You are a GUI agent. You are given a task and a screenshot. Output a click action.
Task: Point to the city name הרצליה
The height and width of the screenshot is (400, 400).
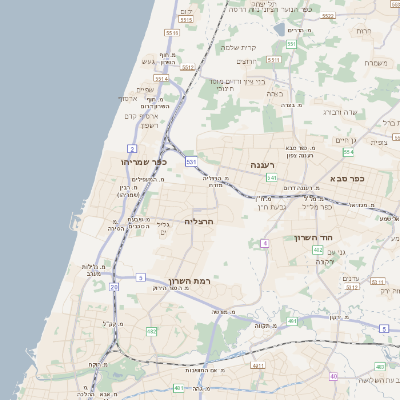coord(201,221)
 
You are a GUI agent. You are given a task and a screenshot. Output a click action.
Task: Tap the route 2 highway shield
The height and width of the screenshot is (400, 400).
coord(132,148)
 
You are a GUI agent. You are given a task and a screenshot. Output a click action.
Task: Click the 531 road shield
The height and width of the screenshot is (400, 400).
coord(191,161)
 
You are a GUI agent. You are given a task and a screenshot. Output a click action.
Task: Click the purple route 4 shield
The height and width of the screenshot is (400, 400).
coord(264,243)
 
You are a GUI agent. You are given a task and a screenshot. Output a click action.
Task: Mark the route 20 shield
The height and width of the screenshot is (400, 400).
coord(114,287)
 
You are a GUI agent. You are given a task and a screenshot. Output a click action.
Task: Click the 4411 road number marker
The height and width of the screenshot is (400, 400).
coord(257,367)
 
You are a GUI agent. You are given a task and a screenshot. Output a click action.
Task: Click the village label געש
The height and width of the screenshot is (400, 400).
coord(150,61)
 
